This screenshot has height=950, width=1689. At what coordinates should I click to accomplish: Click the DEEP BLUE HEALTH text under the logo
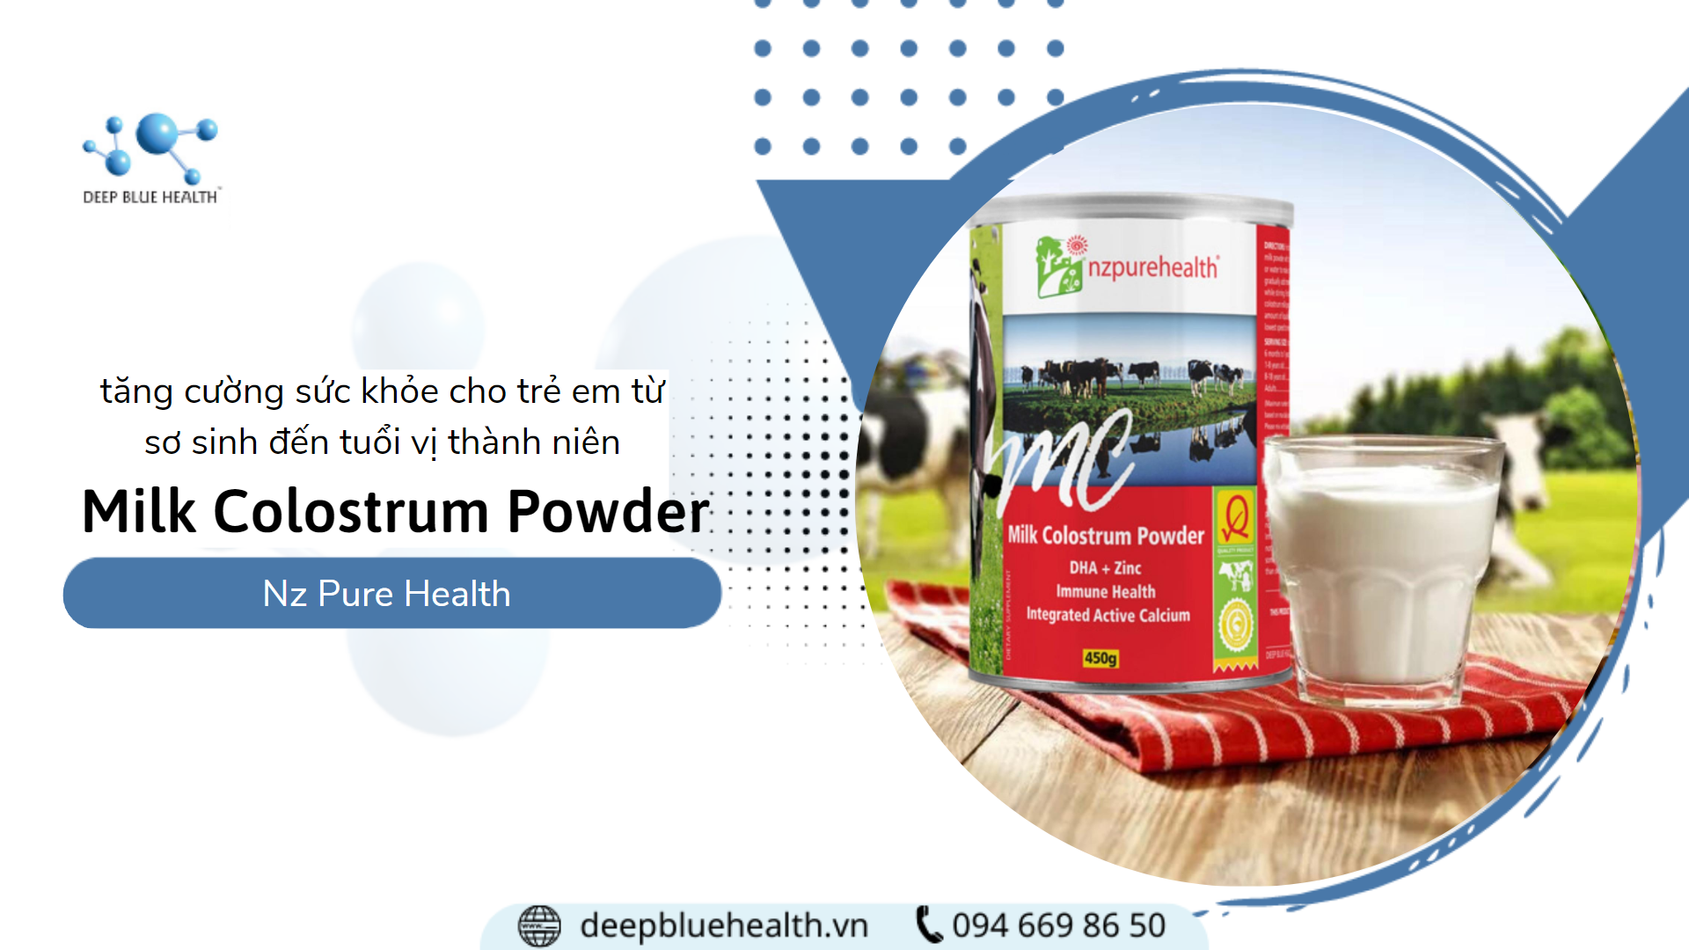click(x=150, y=197)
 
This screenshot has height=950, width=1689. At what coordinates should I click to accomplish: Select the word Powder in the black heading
click(x=608, y=511)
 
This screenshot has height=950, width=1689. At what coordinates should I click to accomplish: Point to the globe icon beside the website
click(x=539, y=925)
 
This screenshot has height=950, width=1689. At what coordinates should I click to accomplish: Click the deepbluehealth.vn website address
click(x=724, y=925)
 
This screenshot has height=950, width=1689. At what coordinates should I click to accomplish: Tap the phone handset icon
click(x=929, y=924)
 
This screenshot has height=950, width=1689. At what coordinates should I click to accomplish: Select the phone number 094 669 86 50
click(x=1059, y=925)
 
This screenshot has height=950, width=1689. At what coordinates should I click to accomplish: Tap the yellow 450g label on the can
click(x=1100, y=658)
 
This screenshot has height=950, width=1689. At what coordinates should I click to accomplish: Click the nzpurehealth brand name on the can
click(x=1153, y=267)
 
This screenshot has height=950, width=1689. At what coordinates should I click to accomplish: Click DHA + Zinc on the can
click(x=1105, y=568)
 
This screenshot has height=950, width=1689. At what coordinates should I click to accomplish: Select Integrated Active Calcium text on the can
click(x=1108, y=615)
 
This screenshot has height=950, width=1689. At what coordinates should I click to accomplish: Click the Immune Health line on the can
click(x=1106, y=592)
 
